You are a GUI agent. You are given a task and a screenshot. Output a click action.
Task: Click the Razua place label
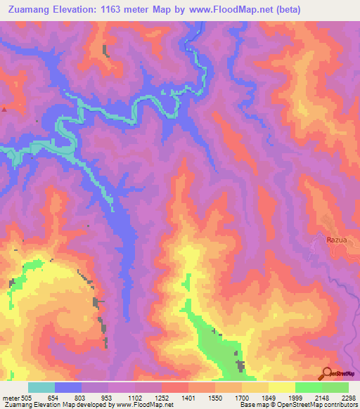tap(337, 240)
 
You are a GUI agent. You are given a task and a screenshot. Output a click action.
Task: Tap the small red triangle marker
tap(4, 110)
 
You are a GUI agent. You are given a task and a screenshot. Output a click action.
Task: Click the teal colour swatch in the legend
tap(41, 387)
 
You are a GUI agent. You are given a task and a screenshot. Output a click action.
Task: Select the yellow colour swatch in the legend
tap(281, 387)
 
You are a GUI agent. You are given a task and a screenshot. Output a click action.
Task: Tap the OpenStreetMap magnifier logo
tap(326, 374)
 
